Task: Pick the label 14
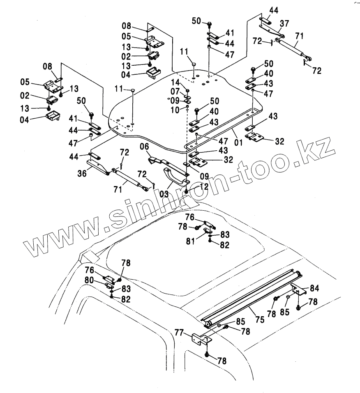(x=175, y=82)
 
